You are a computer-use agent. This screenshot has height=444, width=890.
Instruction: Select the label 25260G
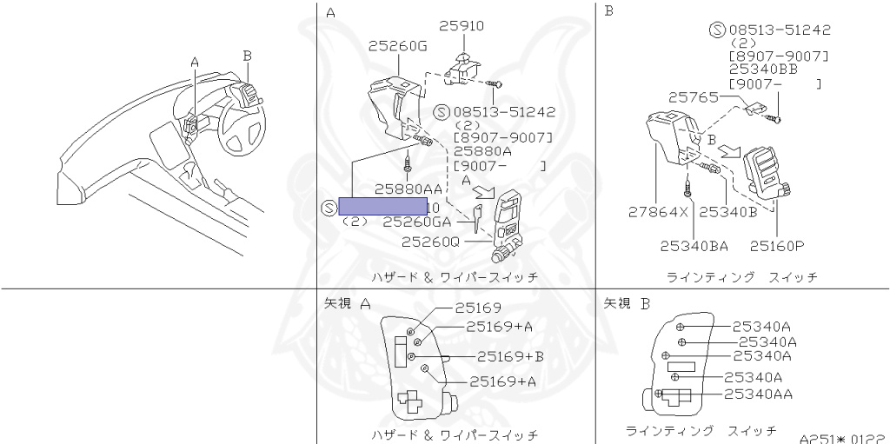(397, 45)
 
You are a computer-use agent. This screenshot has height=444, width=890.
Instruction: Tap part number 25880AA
(408, 189)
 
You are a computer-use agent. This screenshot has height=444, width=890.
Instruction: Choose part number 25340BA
(694, 246)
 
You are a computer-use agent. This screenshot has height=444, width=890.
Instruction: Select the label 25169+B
(510, 356)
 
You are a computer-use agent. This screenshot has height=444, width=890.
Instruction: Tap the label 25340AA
(758, 394)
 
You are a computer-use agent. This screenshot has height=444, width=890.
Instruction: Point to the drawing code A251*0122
(841, 438)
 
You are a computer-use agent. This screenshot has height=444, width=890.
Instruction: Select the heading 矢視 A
(348, 303)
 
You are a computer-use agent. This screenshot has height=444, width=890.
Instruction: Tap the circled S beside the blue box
(327, 207)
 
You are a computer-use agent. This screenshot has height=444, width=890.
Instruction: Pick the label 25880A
(484, 151)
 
